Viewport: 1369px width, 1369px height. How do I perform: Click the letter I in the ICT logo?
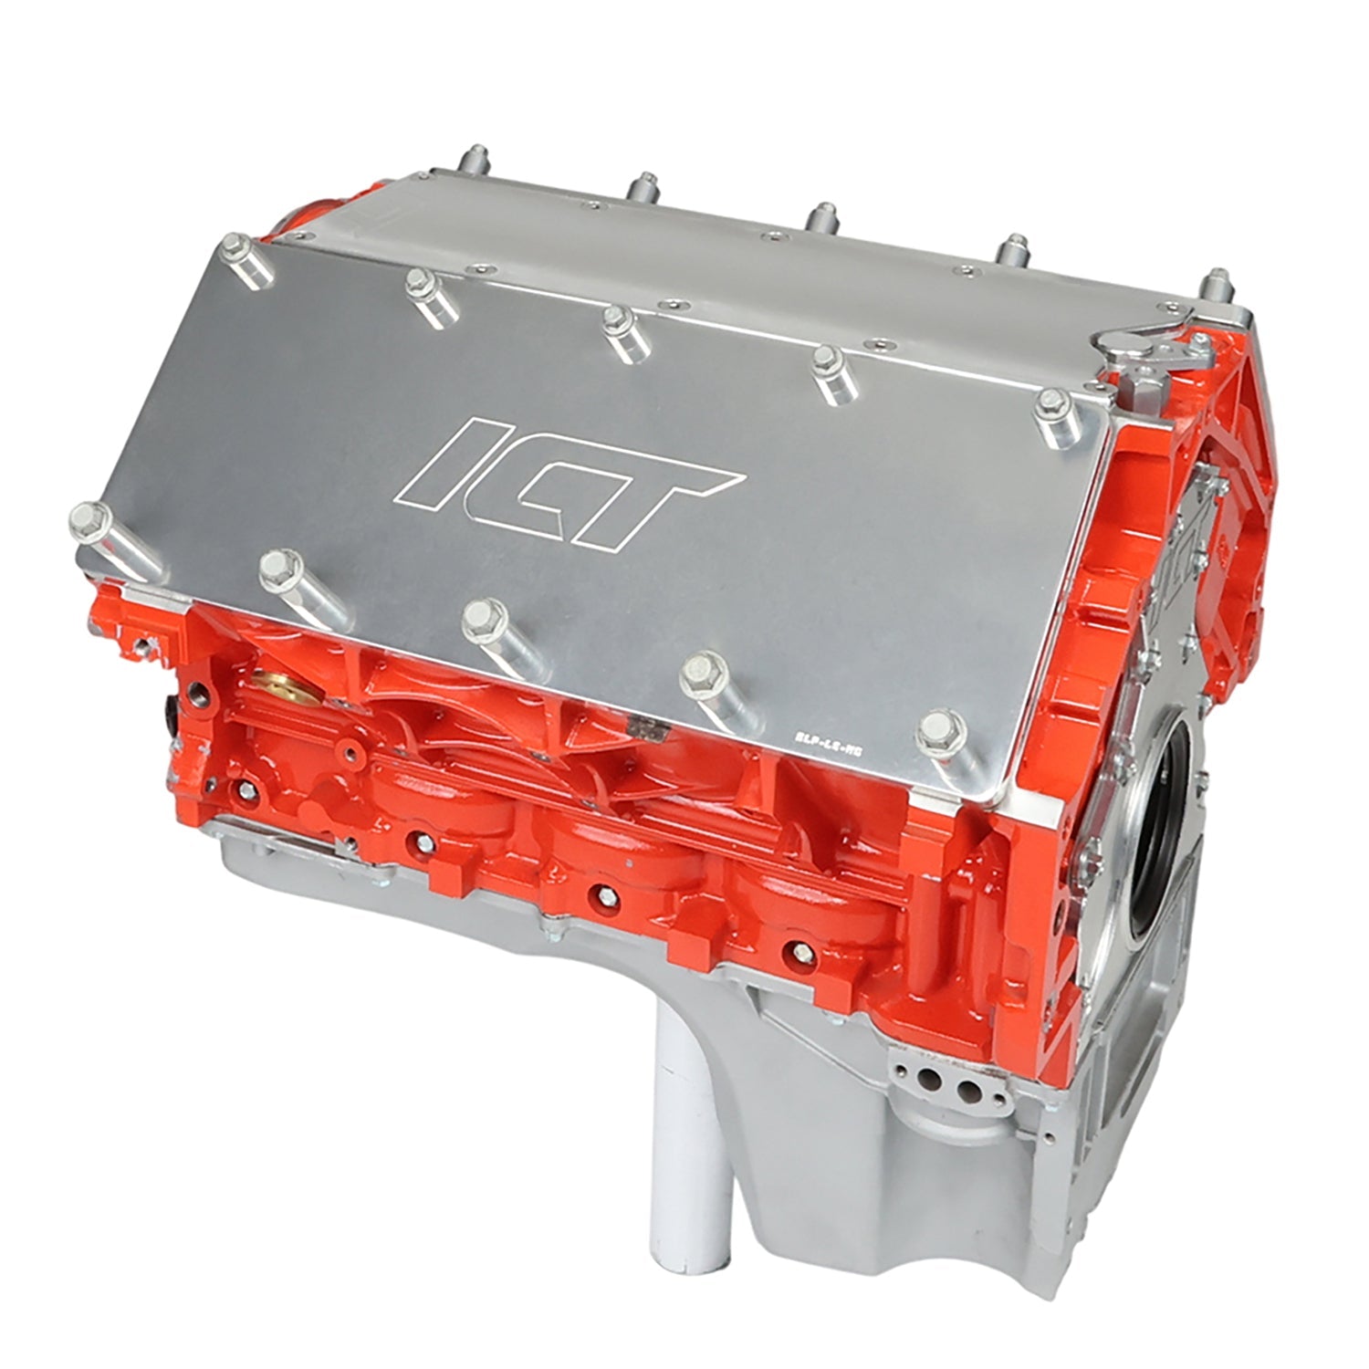pos(455,462)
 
